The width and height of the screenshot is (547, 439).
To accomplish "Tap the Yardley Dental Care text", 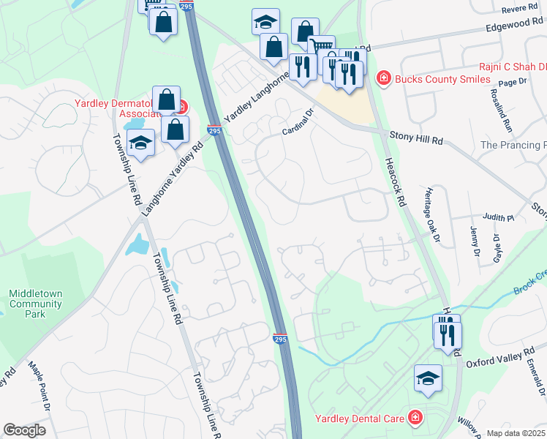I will [360, 419].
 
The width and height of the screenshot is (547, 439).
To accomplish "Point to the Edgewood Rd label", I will [515, 24].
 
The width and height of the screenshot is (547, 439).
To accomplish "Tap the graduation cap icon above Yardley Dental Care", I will [428, 378].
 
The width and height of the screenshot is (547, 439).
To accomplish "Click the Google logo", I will [25, 430].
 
